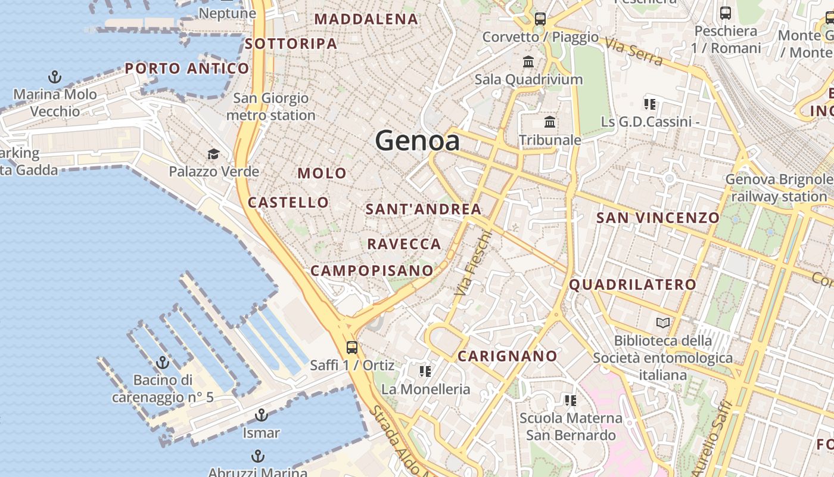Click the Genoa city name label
(x=418, y=141)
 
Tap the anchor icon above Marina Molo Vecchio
(x=55, y=77)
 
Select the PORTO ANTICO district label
(x=186, y=69)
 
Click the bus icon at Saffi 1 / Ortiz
(x=352, y=347)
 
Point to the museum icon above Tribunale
(x=550, y=122)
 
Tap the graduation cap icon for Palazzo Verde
(x=213, y=154)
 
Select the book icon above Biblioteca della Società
(x=663, y=323)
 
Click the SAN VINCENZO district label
(x=658, y=218)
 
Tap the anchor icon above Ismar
(x=261, y=415)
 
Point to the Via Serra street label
(x=634, y=51)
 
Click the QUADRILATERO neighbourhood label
(x=633, y=284)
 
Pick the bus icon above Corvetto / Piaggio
(x=540, y=18)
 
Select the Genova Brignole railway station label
(x=779, y=188)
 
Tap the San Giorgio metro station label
(x=271, y=107)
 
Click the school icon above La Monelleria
(x=425, y=371)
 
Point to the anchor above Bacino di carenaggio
(x=162, y=362)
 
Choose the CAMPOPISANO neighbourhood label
(x=372, y=270)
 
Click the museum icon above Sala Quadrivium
(x=528, y=61)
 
